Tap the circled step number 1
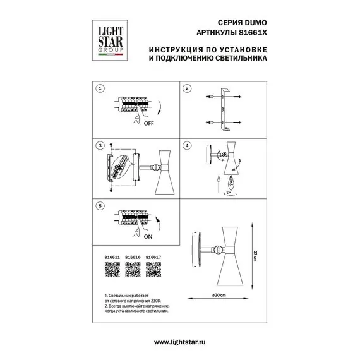click(x=98, y=88)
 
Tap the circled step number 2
click(x=187, y=88)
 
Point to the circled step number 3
click(x=98, y=146)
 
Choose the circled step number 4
click(x=187, y=146)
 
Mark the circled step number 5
click(x=98, y=205)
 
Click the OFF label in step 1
click(x=149, y=124)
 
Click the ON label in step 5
click(x=148, y=238)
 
